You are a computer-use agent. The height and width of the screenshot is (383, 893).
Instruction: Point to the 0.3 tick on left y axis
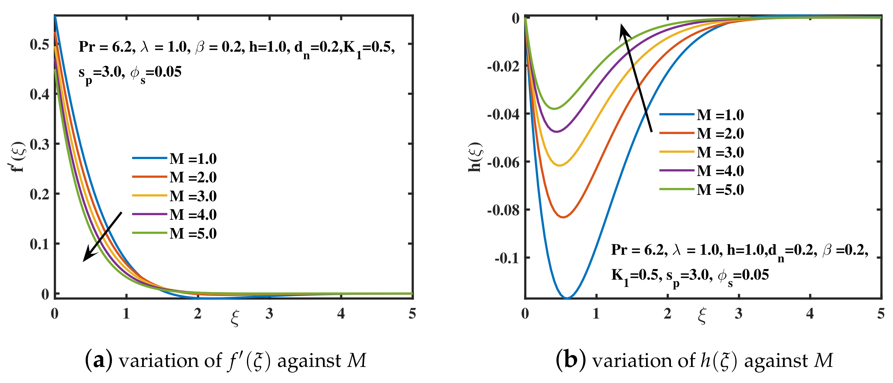click(x=39, y=144)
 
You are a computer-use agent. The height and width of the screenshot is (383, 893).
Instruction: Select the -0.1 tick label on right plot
click(x=507, y=258)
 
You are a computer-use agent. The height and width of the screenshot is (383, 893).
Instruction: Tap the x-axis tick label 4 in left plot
click(x=341, y=314)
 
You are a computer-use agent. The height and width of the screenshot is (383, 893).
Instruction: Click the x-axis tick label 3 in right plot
click(x=738, y=314)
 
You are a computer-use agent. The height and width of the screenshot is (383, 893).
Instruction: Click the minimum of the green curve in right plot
click(x=554, y=109)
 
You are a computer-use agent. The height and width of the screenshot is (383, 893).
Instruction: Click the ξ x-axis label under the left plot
click(x=235, y=317)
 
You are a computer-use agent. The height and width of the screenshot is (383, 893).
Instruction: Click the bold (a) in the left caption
click(x=98, y=361)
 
